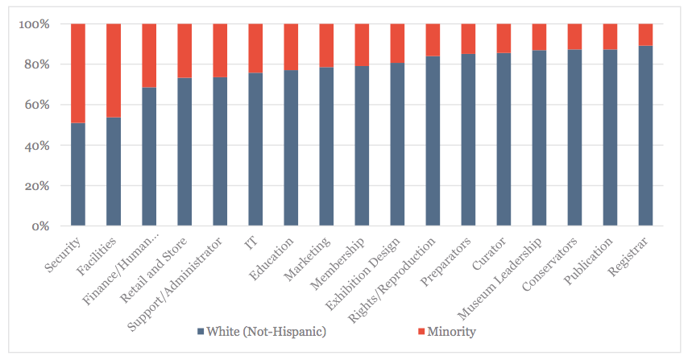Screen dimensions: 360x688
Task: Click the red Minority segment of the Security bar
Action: (x=78, y=73)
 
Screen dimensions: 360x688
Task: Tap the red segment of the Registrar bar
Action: (x=645, y=35)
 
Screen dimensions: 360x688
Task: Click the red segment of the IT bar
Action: (x=255, y=48)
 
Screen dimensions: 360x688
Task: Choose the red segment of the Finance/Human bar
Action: (x=149, y=56)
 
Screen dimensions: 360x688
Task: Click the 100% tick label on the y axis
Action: (x=35, y=24)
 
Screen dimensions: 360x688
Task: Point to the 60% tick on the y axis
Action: (x=38, y=105)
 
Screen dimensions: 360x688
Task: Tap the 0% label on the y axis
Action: (x=41, y=226)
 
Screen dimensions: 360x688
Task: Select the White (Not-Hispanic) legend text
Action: (x=266, y=331)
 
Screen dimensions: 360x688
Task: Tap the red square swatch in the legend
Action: (x=421, y=332)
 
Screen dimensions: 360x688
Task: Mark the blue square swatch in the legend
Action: (x=200, y=332)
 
